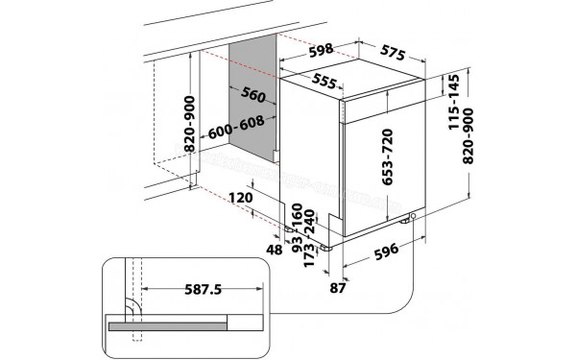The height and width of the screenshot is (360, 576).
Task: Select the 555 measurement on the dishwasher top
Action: tap(324, 83)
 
